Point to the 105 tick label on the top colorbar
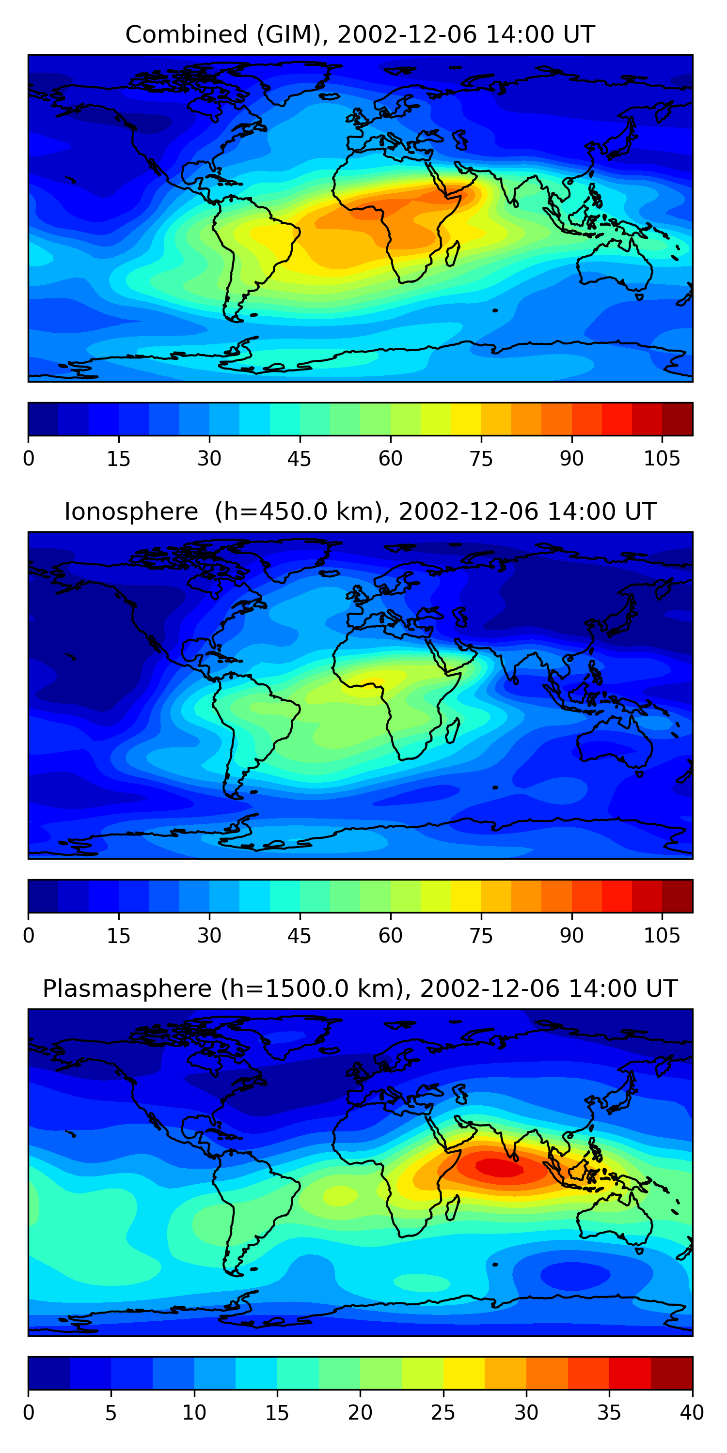point(662,459)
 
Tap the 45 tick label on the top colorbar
point(299,459)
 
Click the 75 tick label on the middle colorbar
point(481,936)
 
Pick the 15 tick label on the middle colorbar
point(119,936)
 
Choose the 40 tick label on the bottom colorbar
point(692,1413)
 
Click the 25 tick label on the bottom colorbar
point(443,1413)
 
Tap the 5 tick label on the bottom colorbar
point(111,1413)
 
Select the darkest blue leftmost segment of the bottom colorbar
point(48,1374)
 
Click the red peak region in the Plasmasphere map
point(500,1167)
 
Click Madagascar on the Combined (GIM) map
point(452,254)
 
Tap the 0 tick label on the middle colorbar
point(29,936)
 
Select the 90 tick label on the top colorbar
point(571,459)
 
